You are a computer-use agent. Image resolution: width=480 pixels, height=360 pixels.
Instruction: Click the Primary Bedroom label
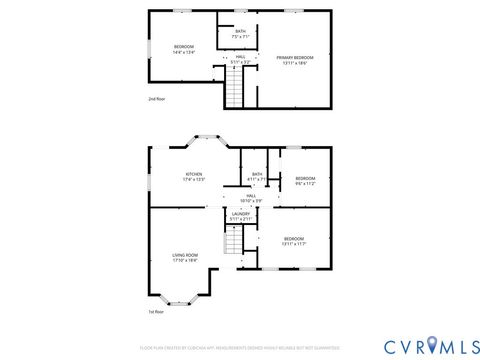click(296, 60)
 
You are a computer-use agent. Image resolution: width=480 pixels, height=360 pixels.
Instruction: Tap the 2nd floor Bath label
click(240, 34)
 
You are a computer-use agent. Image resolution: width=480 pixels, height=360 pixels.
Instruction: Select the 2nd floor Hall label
click(240, 59)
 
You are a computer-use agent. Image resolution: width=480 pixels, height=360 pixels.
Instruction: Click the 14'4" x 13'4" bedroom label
click(184, 50)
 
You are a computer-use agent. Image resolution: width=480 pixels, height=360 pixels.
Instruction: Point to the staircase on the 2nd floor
click(233, 94)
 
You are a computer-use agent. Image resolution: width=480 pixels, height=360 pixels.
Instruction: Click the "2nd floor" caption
click(156, 100)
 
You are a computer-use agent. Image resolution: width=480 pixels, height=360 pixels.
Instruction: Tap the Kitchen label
click(193, 177)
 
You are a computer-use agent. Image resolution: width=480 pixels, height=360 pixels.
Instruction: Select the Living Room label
click(185, 257)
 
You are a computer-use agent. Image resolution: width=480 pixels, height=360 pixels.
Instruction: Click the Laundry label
click(240, 215)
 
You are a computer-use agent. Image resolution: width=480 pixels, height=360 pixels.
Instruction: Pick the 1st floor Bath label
click(257, 177)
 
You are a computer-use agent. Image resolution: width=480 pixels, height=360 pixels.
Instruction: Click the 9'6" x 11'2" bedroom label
click(305, 181)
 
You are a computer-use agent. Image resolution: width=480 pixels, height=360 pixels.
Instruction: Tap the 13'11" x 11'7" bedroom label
click(293, 240)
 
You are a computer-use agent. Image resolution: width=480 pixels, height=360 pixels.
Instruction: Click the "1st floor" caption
click(156, 311)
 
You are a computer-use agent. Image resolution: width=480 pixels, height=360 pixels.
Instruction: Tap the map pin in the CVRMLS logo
click(432, 345)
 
